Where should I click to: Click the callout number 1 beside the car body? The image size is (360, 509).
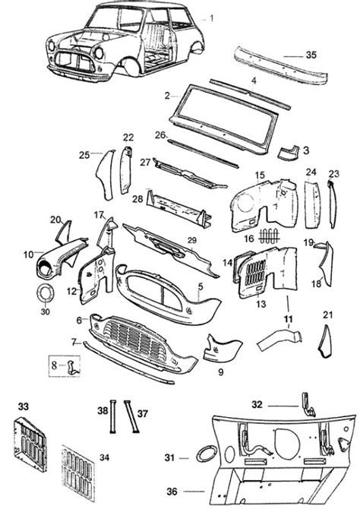(x=212, y=17)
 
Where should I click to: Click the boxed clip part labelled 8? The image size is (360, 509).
(x=73, y=366)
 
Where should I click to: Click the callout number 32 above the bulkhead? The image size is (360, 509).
(x=258, y=404)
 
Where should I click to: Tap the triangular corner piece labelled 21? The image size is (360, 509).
(x=326, y=340)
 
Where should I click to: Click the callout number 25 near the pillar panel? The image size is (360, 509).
(x=84, y=154)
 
